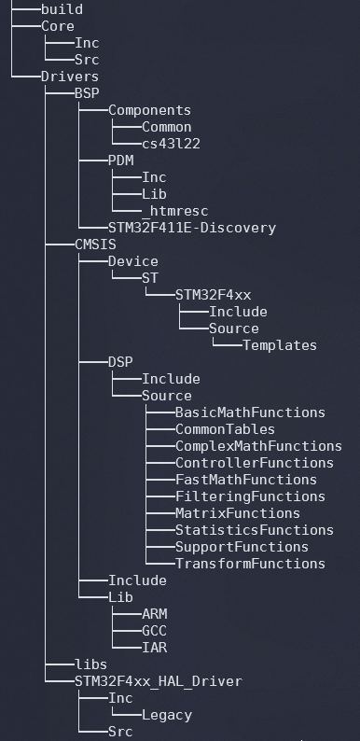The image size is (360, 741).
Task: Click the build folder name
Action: click(62, 9)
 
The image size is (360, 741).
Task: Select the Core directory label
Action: click(57, 26)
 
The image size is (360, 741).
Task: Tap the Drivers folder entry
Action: click(69, 77)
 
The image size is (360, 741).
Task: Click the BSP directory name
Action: click(87, 93)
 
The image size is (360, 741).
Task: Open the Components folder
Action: click(149, 110)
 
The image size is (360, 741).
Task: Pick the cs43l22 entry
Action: click(171, 144)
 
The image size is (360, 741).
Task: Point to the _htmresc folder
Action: click(175, 211)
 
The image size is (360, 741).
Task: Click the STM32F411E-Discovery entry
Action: click(192, 228)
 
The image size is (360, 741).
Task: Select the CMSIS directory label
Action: click(95, 245)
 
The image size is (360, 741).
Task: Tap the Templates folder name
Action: click(280, 345)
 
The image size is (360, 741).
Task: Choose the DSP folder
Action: click(120, 362)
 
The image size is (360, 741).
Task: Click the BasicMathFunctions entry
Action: click(250, 412)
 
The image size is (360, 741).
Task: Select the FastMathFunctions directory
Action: click(246, 480)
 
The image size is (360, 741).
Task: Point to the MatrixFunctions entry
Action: click(238, 513)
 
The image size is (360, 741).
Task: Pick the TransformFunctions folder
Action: click(250, 564)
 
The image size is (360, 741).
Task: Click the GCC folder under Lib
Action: click(154, 631)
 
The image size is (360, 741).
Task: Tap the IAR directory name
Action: click(154, 648)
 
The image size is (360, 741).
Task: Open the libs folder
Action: click(90, 664)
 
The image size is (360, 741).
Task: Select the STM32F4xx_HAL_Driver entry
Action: click(158, 681)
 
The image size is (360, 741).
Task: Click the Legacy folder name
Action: click(167, 715)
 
